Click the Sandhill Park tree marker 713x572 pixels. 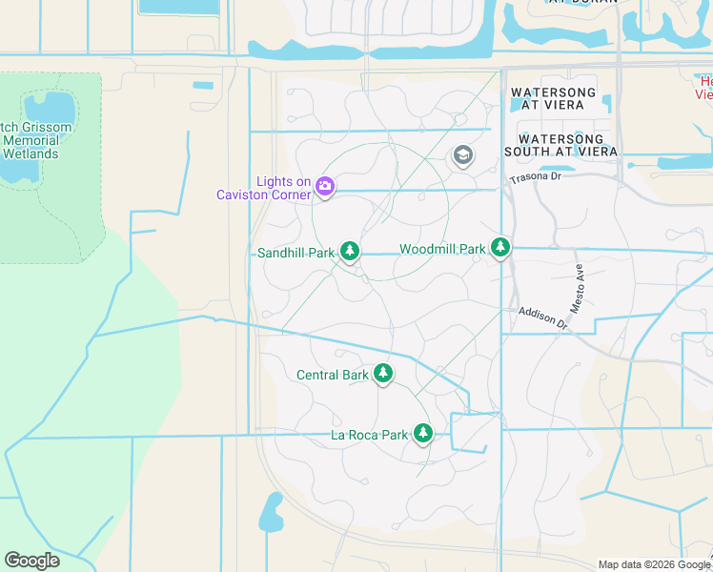click(350, 251)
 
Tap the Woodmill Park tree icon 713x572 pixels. click(500, 248)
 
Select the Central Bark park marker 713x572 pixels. click(383, 373)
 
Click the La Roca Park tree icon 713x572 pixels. click(423, 434)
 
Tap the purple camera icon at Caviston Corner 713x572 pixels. click(324, 186)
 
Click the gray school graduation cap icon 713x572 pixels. click(463, 155)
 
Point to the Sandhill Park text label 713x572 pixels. click(295, 253)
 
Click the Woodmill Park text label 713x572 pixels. click(442, 249)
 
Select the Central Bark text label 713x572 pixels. click(333, 375)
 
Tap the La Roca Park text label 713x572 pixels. click(369, 435)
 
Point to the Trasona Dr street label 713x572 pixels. click(538, 178)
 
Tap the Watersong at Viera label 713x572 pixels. click(553, 99)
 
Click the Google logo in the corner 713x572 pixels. click(31, 560)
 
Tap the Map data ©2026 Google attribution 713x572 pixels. click(653, 564)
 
